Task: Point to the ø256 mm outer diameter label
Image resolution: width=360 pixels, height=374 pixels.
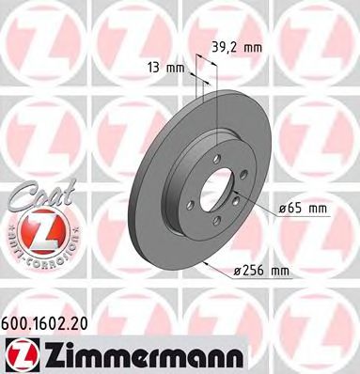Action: (x=260, y=272)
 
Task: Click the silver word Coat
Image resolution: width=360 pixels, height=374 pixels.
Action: (x=35, y=195)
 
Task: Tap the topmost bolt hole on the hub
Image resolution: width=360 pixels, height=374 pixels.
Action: (x=214, y=159)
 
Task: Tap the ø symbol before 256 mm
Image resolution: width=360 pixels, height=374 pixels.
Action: (x=236, y=273)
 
